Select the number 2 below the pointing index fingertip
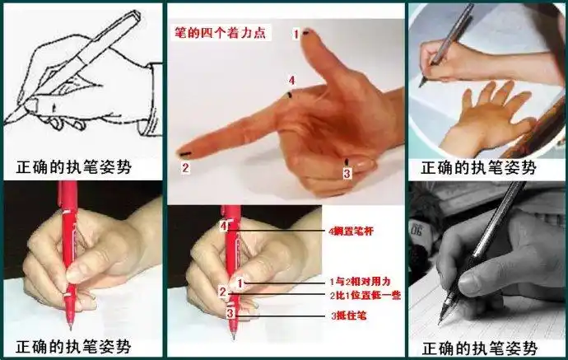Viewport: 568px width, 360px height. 185,168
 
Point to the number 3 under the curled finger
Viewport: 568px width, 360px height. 347,174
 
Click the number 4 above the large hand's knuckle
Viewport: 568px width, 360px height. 291,80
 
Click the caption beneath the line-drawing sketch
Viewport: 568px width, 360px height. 74,168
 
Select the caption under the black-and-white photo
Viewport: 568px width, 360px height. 478,348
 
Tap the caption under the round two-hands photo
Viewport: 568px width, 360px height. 478,168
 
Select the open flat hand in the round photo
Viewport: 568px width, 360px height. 486,124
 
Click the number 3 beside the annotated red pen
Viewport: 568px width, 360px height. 231,313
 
